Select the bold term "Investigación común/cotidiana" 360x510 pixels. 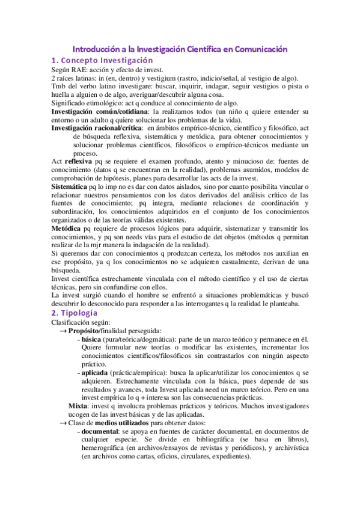tap(100, 112)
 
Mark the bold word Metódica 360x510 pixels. tap(67, 229)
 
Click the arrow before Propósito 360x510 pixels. tap(63, 331)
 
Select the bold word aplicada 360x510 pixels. tap(97, 373)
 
